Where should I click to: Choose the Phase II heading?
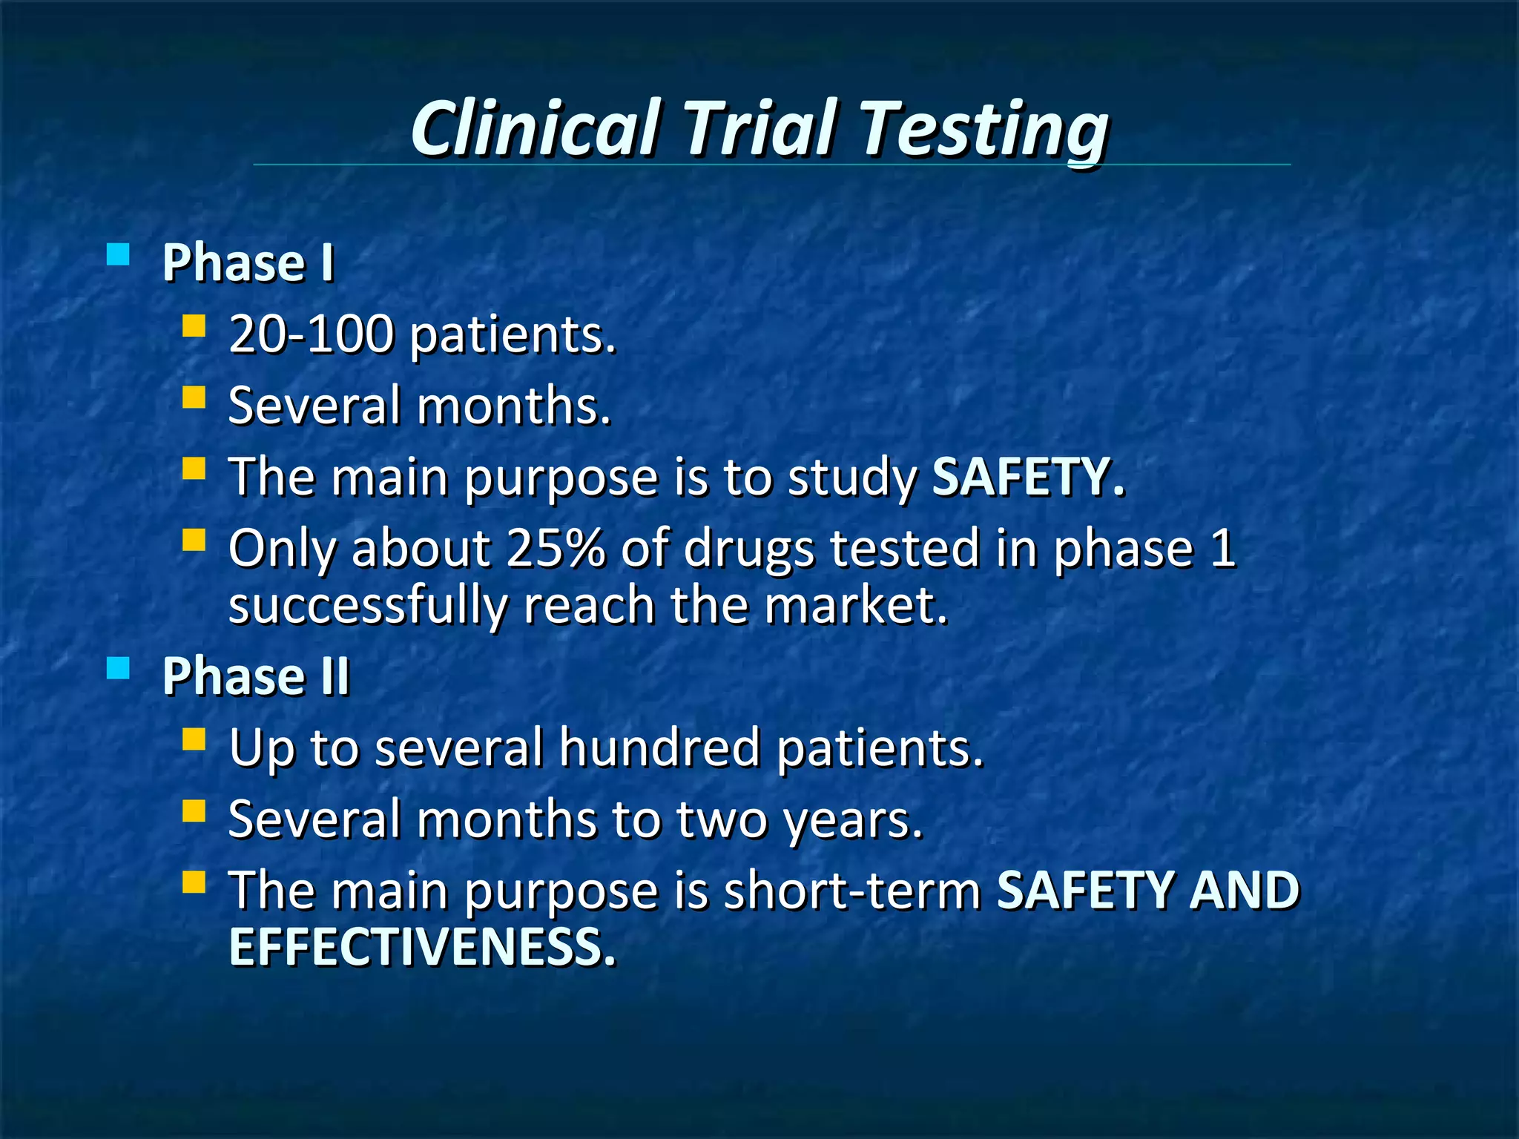click(x=256, y=676)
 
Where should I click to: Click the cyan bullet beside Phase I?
click(x=118, y=255)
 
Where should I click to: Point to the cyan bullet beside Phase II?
click(x=118, y=669)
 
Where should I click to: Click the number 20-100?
click(x=312, y=334)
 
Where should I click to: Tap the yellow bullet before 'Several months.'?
click(x=194, y=397)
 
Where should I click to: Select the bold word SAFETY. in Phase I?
click(x=1028, y=477)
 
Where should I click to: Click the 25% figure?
click(x=556, y=549)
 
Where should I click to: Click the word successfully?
click(x=368, y=607)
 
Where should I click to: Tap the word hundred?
click(x=659, y=747)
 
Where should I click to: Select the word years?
click(x=853, y=820)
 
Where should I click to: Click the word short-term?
click(x=853, y=891)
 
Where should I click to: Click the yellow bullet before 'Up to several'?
click(x=194, y=739)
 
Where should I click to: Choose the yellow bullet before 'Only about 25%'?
click(x=194, y=540)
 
